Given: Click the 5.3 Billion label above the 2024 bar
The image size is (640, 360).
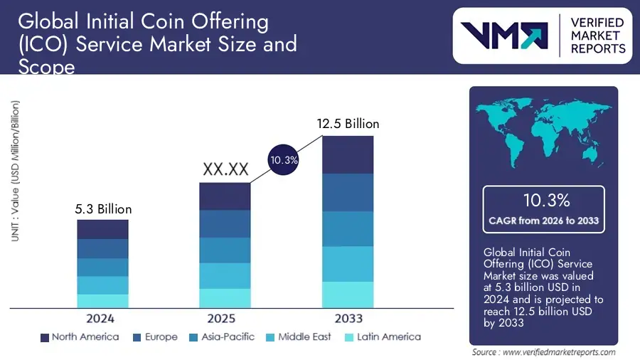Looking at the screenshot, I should [x=103, y=209].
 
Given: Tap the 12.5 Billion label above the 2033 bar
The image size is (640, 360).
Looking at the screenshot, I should [x=348, y=124].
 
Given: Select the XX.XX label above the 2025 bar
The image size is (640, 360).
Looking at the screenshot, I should [x=225, y=170].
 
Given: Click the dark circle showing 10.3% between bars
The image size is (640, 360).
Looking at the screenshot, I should [x=284, y=161].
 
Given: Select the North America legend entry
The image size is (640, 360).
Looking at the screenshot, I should [x=80, y=337].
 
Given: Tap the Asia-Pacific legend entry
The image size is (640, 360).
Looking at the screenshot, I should [x=220, y=337].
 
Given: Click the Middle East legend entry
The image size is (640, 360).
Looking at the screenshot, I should [x=297, y=337].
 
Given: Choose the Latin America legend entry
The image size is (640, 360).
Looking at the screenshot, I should [x=382, y=337].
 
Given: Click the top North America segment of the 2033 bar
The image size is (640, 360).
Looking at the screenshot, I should [x=348, y=154].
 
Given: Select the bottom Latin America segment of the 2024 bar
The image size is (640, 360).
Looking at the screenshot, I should [x=103, y=301].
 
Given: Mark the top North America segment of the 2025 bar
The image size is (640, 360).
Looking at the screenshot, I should [x=225, y=196].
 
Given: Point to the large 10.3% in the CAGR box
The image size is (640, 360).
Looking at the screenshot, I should [x=544, y=200].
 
